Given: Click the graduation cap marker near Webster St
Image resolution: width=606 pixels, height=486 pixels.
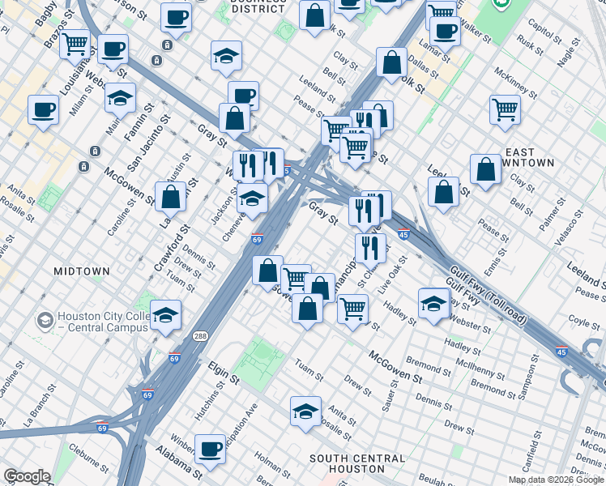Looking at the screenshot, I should pyautogui.click(x=434, y=302).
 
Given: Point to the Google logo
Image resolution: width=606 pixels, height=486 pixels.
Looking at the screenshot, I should pyautogui.click(x=27, y=476).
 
